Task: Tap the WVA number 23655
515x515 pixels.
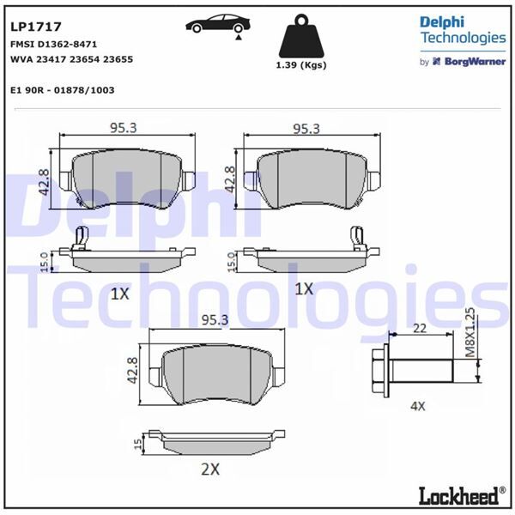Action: point(118,59)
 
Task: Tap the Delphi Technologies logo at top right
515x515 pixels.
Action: point(462,29)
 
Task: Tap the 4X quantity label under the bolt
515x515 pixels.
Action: point(417,406)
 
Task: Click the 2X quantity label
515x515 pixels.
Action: point(210,470)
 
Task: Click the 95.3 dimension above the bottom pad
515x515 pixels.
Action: point(215,320)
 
